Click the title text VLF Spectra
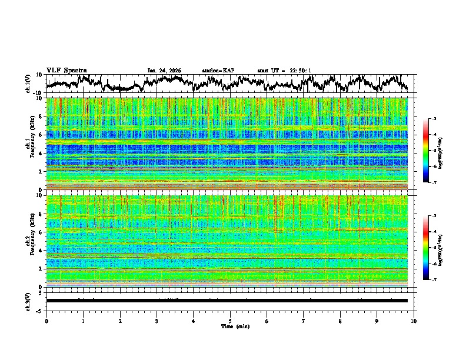[66, 70]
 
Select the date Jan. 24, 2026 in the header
[164, 71]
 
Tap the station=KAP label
[218, 71]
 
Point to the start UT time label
[284, 71]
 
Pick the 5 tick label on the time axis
[230, 321]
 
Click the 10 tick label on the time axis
[414, 321]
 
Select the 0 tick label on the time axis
[46, 321]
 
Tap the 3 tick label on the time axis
[157, 321]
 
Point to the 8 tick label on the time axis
[340, 321]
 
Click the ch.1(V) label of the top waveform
[28, 84]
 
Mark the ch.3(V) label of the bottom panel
[28, 301]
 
